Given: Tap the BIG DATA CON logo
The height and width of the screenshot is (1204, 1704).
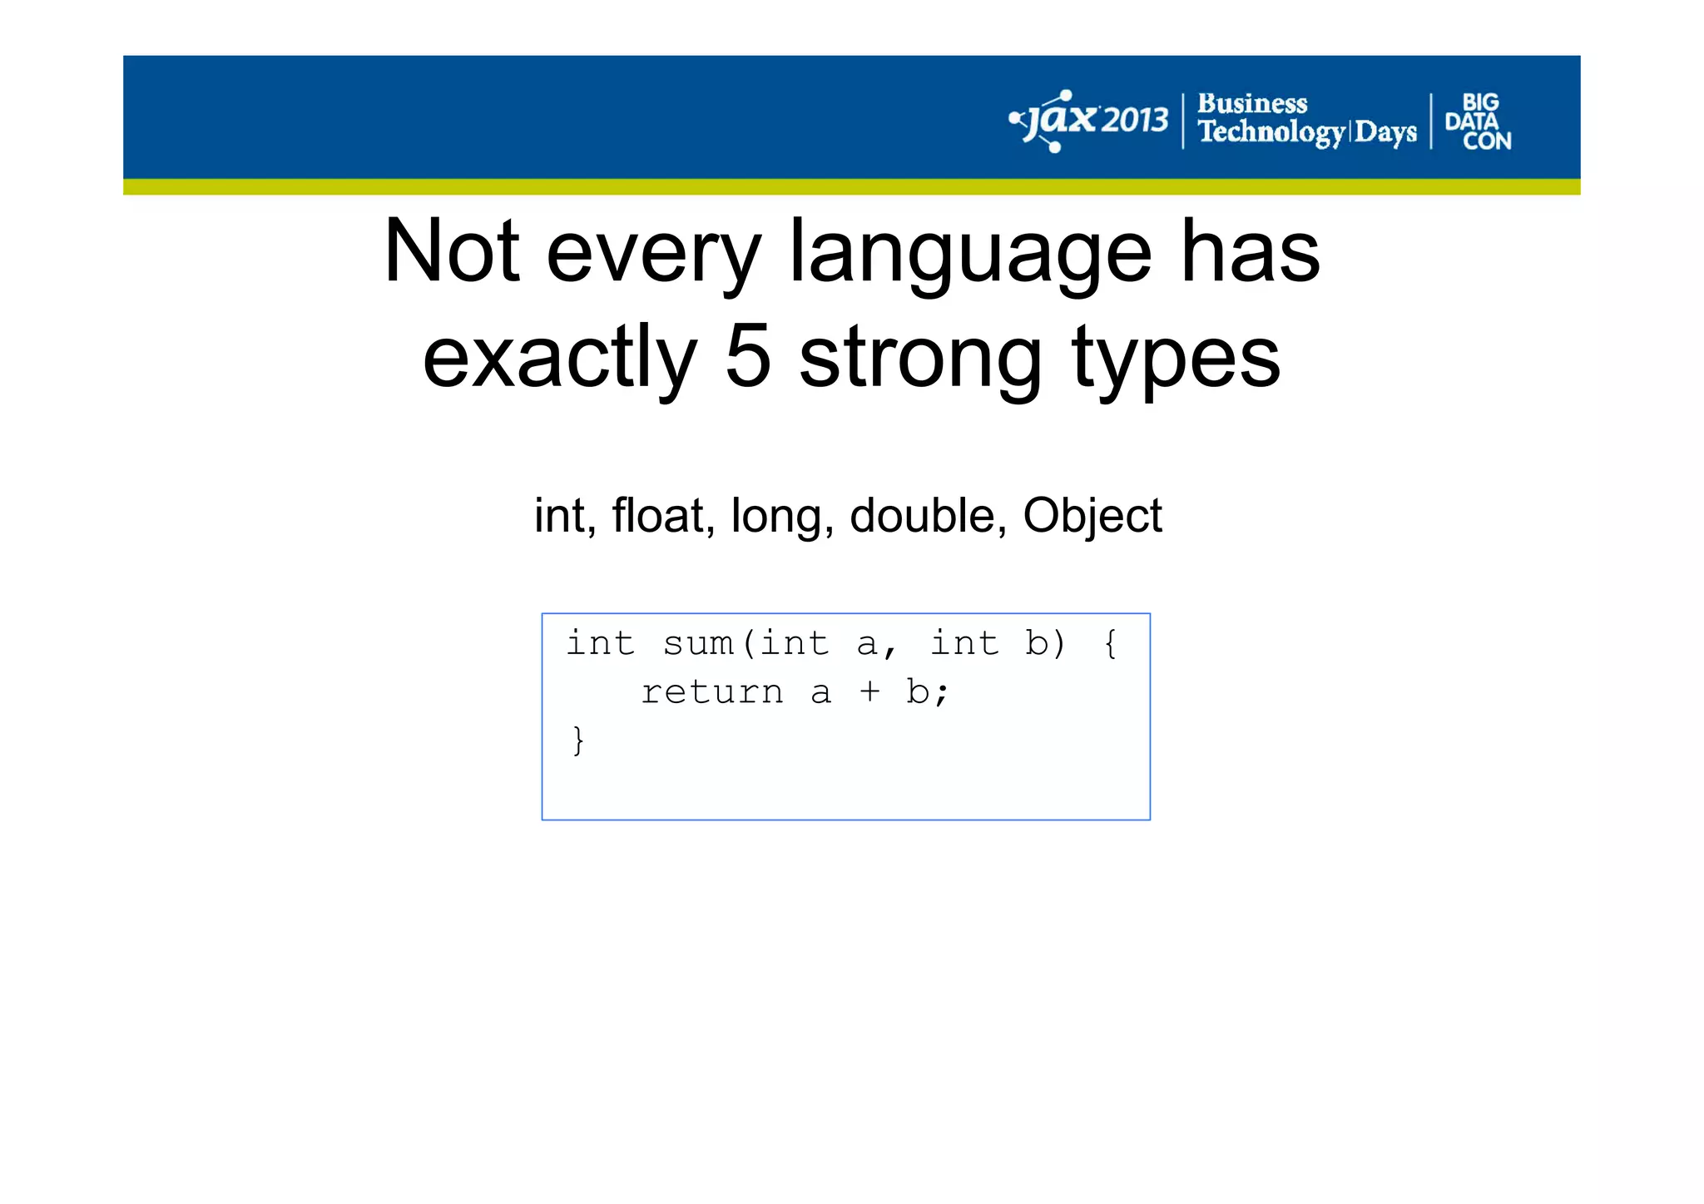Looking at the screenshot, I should click(x=1479, y=122).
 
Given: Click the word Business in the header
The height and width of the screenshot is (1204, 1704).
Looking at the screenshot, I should click(x=1251, y=104).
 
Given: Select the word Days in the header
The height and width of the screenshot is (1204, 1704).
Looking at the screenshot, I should click(x=1385, y=132).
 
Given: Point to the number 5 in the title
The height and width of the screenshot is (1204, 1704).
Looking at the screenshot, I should click(x=748, y=358).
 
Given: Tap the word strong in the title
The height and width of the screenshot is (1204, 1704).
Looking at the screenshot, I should click(x=920, y=358).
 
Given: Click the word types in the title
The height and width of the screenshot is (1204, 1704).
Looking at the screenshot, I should click(x=1176, y=358).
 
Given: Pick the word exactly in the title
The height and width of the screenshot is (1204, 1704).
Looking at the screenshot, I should click(x=560, y=358).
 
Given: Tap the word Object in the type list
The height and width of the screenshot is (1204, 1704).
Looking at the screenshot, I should click(x=1092, y=515).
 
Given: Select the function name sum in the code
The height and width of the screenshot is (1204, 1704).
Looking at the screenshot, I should click(x=698, y=643).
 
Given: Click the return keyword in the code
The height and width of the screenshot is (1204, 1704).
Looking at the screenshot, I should click(x=712, y=692).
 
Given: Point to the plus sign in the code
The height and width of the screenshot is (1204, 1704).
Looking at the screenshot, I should click(x=869, y=692).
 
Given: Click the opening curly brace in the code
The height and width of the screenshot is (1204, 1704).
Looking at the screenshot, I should click(x=1110, y=643).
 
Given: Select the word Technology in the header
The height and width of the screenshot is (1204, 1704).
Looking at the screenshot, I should click(x=1271, y=132).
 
